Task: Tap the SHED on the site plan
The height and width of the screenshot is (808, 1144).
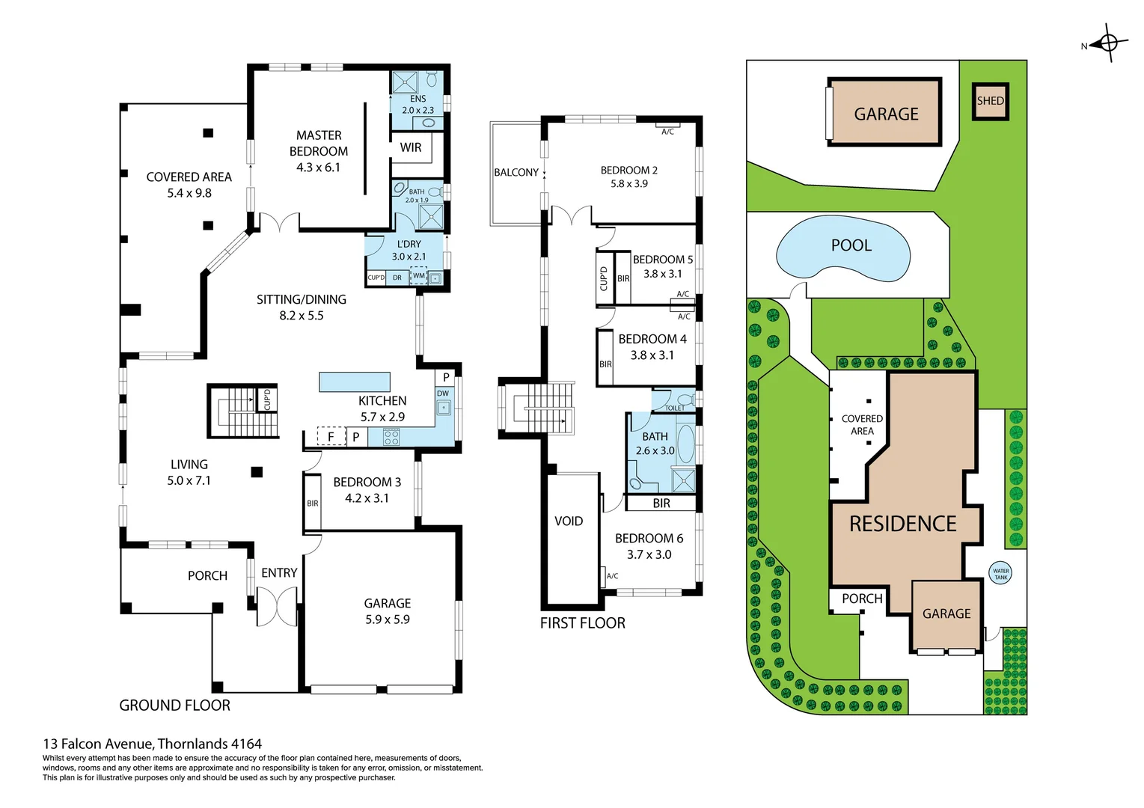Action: click(990, 101)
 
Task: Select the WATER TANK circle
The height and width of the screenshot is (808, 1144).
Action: click(1000, 574)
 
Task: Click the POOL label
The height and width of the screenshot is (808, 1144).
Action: click(851, 245)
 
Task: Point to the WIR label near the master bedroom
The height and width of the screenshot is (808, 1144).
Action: click(410, 147)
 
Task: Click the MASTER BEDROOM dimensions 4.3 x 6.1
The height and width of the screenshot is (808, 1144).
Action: click(318, 168)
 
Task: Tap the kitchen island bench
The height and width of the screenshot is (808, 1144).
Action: click(354, 382)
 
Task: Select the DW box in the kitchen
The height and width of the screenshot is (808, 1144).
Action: click(443, 394)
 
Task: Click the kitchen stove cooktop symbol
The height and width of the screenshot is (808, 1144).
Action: click(391, 437)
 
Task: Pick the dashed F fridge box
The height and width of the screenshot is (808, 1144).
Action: click(331, 436)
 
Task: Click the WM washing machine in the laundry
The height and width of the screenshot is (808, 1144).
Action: click(418, 276)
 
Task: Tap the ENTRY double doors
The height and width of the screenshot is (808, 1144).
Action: click(277, 605)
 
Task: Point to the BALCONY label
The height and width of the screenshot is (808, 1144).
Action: click(516, 172)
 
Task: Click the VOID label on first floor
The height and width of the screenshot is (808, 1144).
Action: click(568, 521)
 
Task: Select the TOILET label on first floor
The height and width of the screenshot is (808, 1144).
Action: click(674, 408)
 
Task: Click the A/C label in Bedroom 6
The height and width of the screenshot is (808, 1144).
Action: click(612, 576)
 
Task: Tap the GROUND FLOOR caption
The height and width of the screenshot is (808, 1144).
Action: click(174, 705)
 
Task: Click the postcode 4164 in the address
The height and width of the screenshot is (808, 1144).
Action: click(246, 744)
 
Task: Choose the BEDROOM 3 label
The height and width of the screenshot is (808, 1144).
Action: click(367, 482)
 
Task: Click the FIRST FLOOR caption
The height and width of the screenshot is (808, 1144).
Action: click(582, 622)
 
